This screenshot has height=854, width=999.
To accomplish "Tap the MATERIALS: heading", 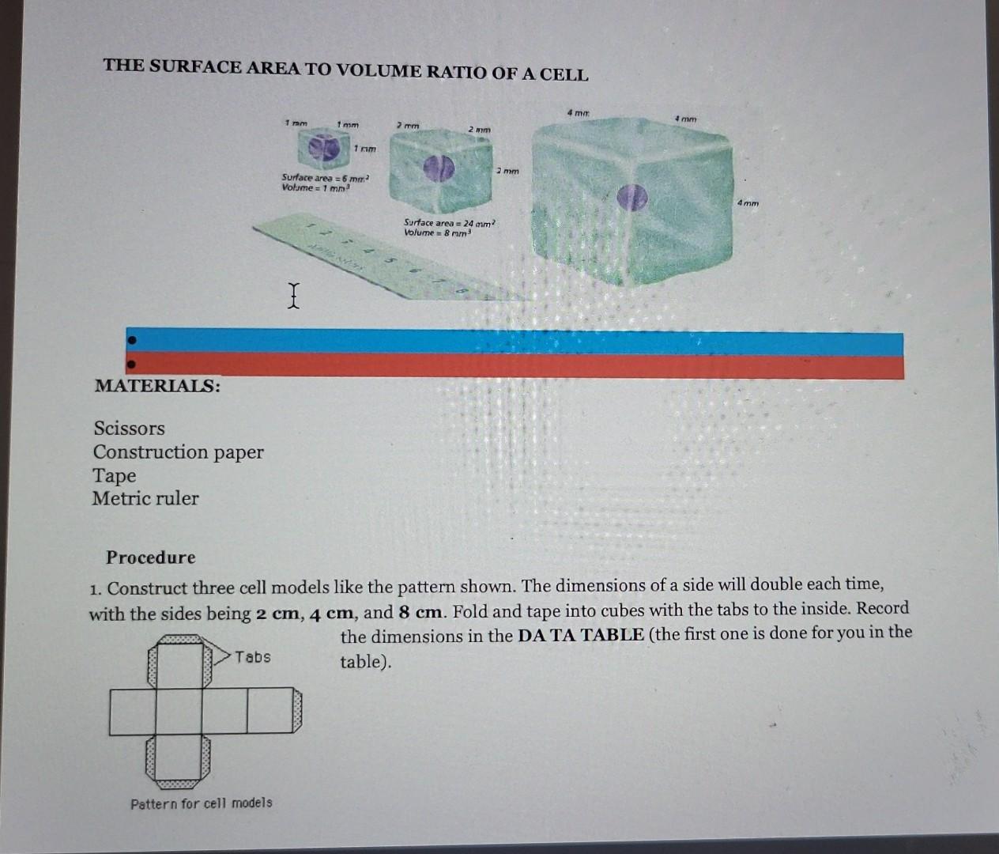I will point(157,386).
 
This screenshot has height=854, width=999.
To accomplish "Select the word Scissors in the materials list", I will point(129,429).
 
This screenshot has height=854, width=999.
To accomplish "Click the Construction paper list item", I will point(178,452).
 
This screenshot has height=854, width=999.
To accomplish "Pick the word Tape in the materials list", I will point(114,475).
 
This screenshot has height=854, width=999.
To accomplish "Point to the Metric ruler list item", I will point(145,498).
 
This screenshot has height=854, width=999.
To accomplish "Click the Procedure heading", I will point(150,557).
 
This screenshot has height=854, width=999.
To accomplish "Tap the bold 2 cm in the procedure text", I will point(277,613).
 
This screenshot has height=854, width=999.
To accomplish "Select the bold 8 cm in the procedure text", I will point(422,612).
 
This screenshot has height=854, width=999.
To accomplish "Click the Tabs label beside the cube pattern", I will point(252,657).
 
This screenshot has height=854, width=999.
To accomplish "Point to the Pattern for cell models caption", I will point(202,803).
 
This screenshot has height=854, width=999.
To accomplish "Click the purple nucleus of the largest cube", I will point(631,197).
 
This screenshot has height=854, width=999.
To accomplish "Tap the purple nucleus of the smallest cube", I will point(319,147).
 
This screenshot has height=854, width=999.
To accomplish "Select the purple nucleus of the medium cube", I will point(437,168).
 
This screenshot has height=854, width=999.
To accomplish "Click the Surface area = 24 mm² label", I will point(449,224).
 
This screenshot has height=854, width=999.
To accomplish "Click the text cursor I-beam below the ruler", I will point(294,295).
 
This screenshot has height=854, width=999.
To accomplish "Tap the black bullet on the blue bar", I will point(133,340).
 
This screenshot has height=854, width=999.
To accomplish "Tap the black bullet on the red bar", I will point(132,365).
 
